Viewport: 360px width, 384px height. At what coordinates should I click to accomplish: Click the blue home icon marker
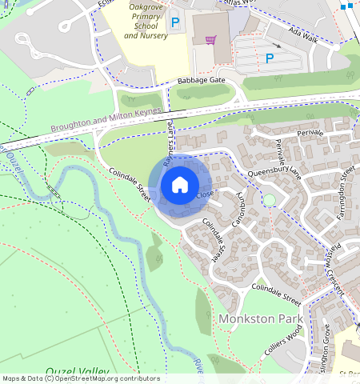(180, 186)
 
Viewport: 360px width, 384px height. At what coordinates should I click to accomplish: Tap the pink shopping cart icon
(210, 39)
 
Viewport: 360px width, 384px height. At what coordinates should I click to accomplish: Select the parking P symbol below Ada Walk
(270, 58)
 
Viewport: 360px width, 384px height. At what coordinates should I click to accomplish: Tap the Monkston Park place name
(261, 318)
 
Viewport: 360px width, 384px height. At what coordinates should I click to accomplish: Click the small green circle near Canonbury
(270, 199)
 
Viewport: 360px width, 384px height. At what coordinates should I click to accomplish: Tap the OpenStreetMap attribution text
(80, 378)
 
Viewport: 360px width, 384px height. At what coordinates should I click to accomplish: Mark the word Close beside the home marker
(206, 194)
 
